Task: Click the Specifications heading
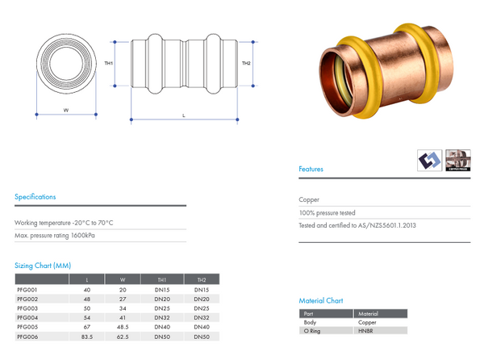[x=35, y=196]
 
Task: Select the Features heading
[x=311, y=170]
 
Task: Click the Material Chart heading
[x=321, y=300]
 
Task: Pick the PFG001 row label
[x=27, y=289]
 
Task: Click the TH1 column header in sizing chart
[x=162, y=279]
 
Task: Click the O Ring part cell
[x=311, y=330]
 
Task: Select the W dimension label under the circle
[x=65, y=109]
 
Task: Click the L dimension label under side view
[x=184, y=116]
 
